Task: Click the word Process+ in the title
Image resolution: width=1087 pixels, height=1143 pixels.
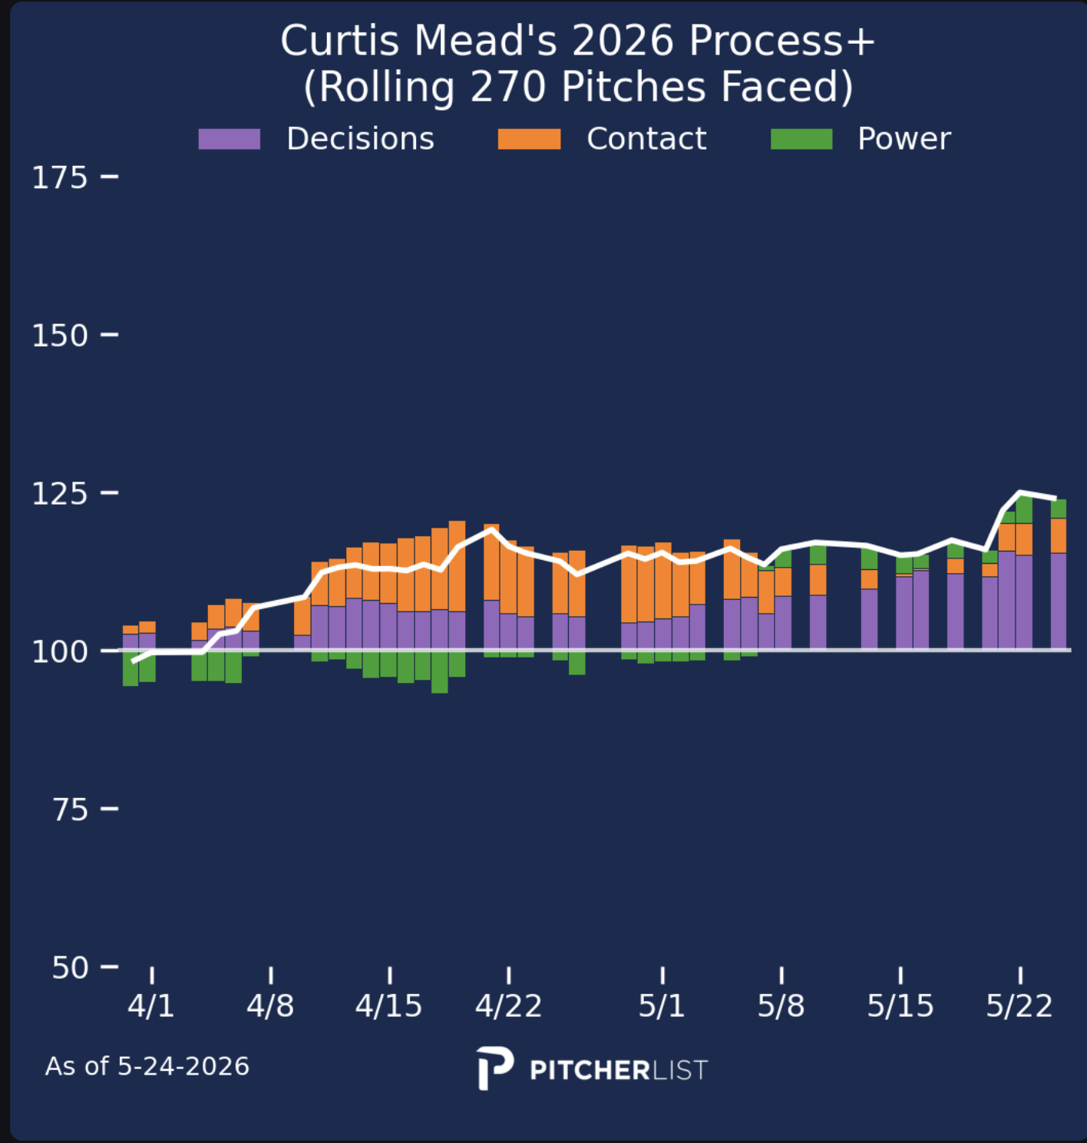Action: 781,41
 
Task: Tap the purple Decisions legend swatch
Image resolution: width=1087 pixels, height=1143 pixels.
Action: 229,139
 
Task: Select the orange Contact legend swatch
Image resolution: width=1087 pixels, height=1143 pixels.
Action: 529,139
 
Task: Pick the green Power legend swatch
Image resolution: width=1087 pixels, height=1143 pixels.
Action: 801,139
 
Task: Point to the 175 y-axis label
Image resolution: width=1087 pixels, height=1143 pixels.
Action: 59,177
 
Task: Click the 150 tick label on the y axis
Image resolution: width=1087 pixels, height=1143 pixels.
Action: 59,336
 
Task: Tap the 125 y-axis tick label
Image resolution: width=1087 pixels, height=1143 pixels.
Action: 59,494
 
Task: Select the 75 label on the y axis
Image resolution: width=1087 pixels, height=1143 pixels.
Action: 70,810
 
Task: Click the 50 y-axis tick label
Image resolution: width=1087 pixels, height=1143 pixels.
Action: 70,968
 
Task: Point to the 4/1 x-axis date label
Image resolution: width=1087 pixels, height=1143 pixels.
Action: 151,1006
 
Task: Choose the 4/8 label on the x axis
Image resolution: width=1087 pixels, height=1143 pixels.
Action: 270,1006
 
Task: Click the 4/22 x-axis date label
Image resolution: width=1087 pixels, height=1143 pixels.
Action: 508,1006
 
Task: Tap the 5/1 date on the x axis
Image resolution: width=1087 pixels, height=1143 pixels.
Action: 662,1006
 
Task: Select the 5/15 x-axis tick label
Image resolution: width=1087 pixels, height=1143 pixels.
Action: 900,1006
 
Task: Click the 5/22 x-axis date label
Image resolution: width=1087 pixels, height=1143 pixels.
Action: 1019,1006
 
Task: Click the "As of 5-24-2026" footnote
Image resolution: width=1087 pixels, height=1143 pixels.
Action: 147,1066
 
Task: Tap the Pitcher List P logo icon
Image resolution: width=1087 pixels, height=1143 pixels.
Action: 494,1068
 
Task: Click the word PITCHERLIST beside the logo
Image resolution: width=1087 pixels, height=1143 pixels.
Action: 619,1070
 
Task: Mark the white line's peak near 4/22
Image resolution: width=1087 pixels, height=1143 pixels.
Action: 491,529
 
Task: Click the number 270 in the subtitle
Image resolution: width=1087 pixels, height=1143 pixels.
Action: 508,88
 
